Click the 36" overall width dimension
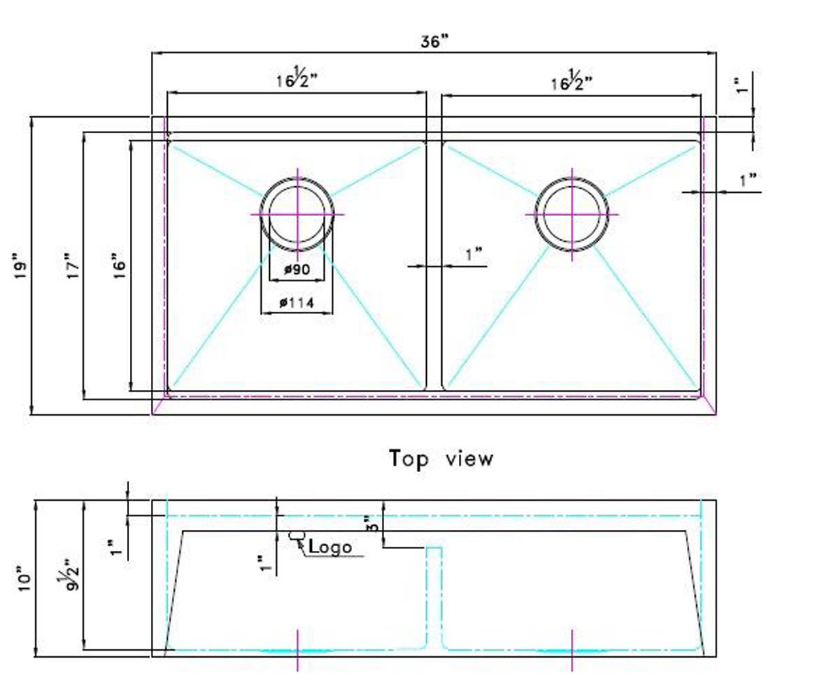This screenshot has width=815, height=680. pos(435,41)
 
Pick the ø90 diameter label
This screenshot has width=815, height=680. pos(297,270)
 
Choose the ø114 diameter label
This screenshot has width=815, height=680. pos(297,304)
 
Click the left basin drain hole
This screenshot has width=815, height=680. pos(297,214)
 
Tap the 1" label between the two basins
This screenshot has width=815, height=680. pos(473,255)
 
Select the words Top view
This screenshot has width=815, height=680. pos(441,459)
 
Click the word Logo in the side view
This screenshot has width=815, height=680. pos(331,546)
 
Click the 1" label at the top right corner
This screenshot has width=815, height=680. pos(742,84)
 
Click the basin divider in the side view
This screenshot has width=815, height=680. pos(434,598)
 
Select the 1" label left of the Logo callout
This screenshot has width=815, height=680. pos(262,564)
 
